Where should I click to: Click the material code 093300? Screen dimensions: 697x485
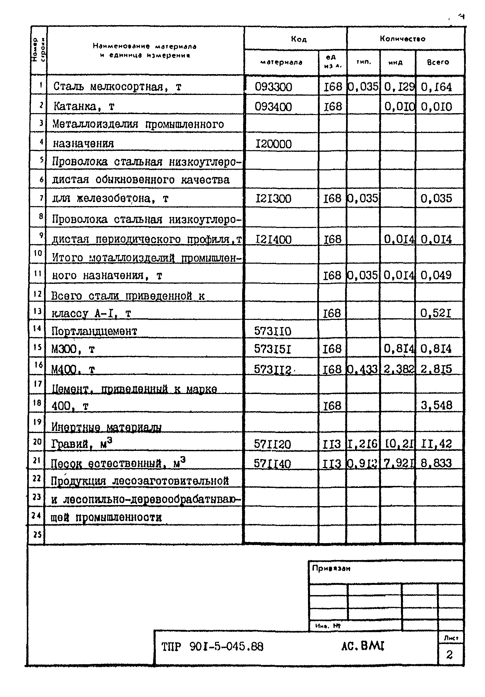tap(273, 87)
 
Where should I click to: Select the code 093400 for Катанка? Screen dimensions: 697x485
tap(273, 107)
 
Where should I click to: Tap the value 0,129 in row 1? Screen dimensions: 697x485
tap(399, 87)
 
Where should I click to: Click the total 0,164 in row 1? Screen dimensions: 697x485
tap(436, 87)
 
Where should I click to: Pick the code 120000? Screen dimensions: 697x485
tap(273, 144)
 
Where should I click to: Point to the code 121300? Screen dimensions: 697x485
tap(273, 199)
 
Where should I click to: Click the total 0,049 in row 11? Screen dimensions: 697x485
tap(436, 275)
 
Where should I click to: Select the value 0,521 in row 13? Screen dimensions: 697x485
tap(436, 313)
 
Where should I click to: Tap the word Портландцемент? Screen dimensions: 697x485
tap(94, 331)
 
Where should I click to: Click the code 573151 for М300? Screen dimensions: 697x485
tap(273, 349)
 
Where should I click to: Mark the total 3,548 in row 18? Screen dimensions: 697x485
tap(436, 405)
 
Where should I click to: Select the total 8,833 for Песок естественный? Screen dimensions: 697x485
tap(436, 463)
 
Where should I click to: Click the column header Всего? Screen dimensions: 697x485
tap(438, 62)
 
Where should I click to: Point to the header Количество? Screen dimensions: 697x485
tap(402, 39)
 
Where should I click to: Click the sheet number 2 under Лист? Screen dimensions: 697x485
tap(449, 655)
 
